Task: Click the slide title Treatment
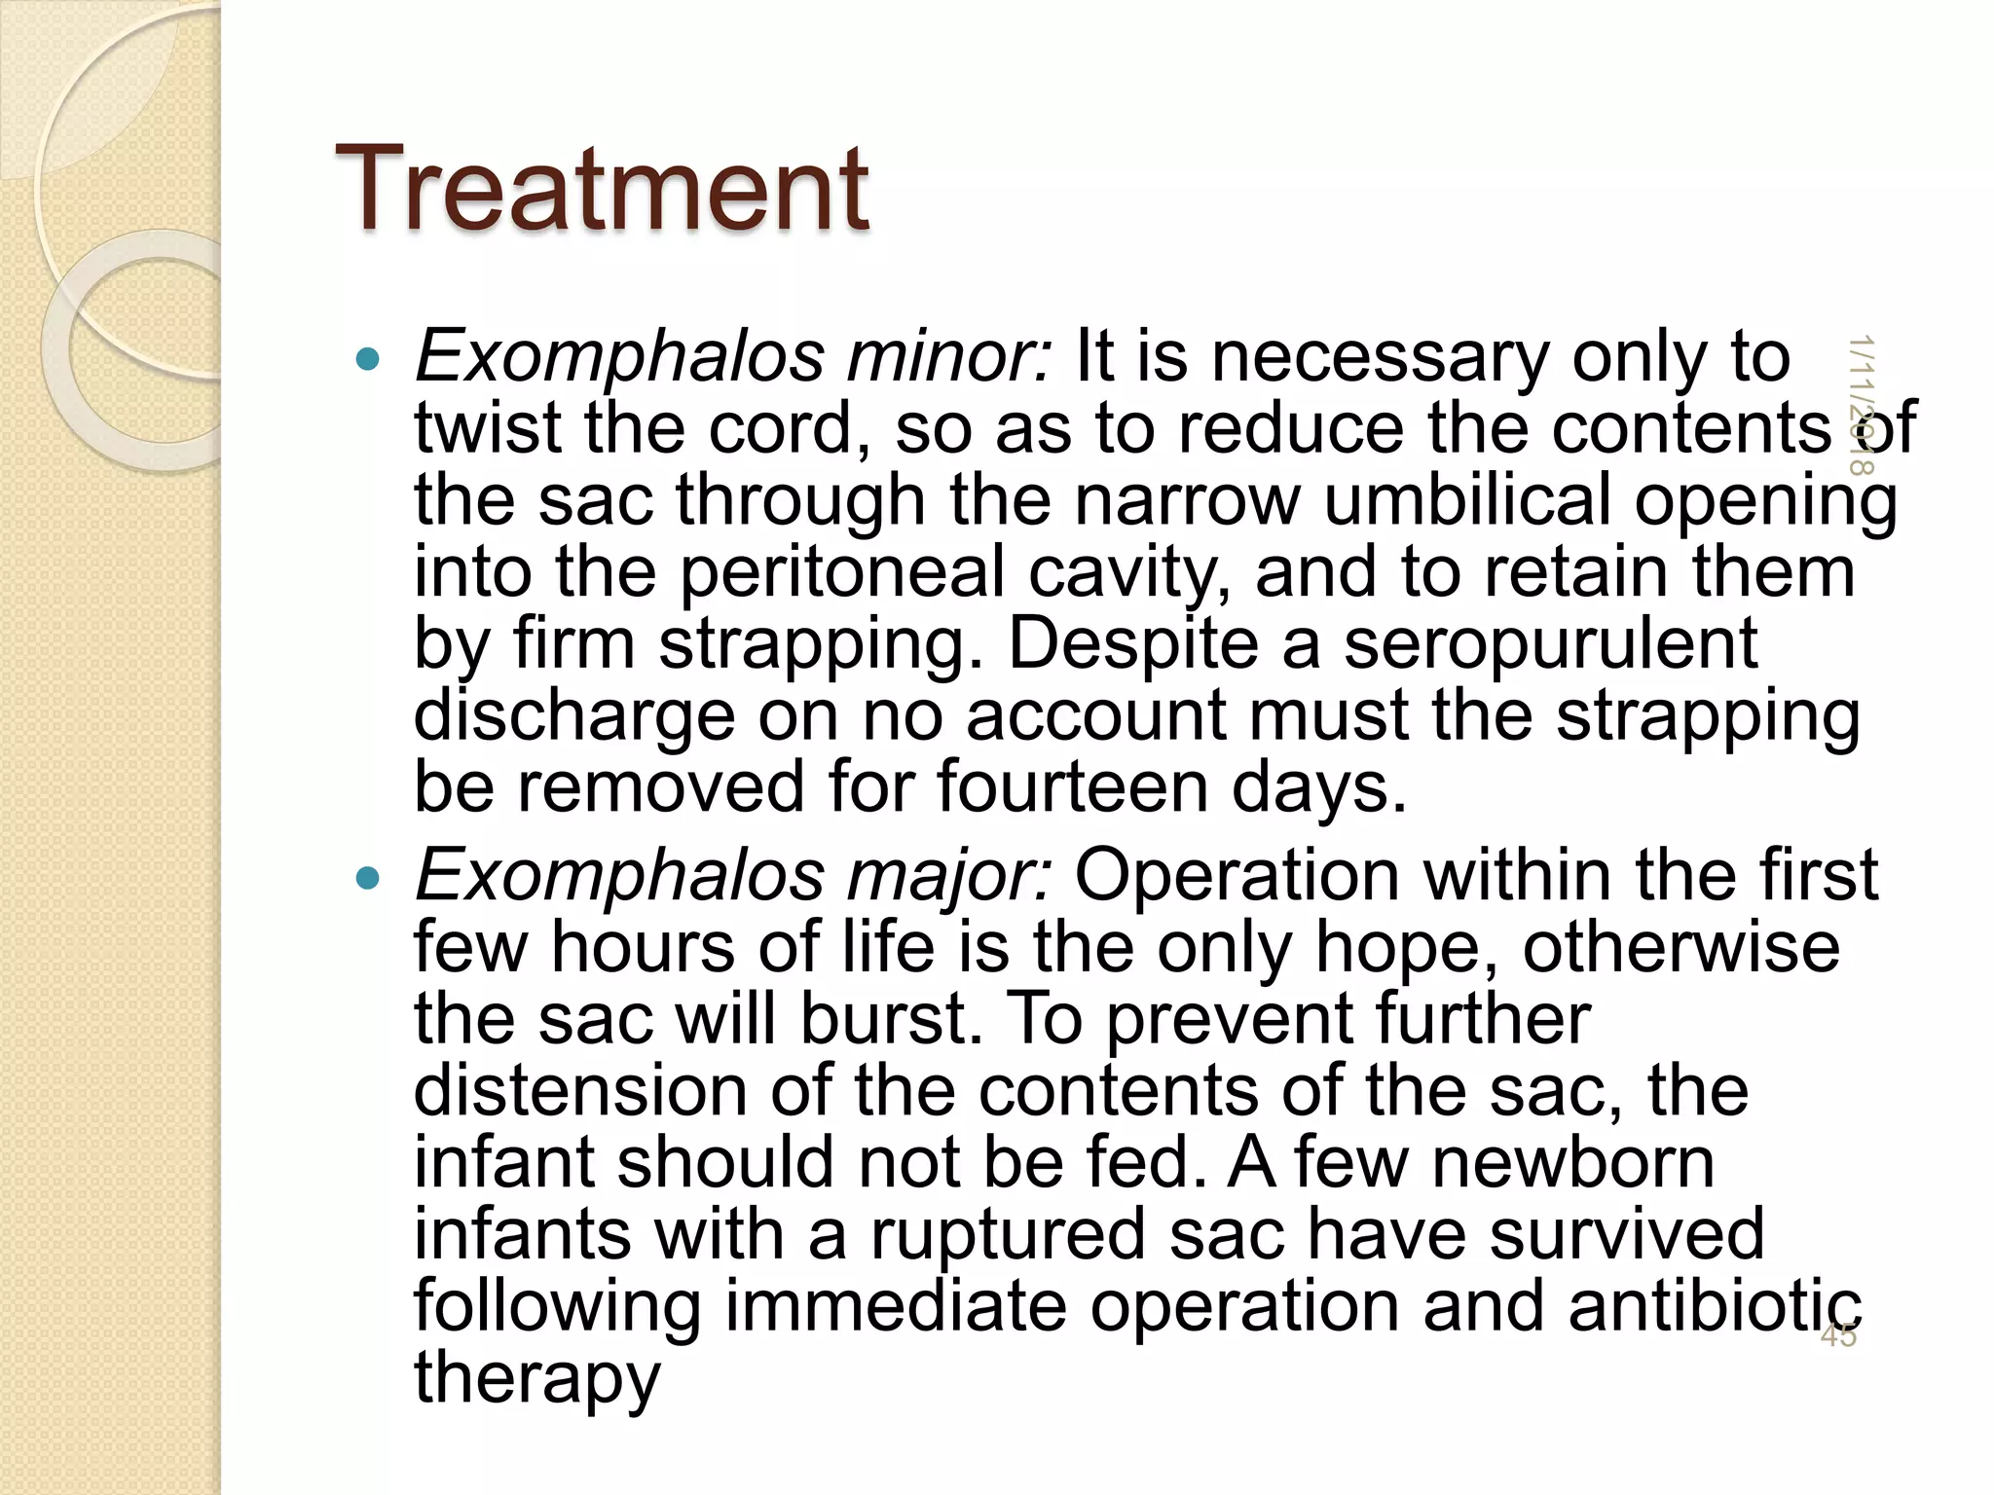coord(602,189)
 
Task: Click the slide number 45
coord(1837,1335)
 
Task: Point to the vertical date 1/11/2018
coord(1861,405)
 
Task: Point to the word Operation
coord(1237,875)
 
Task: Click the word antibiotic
coord(1715,1306)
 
